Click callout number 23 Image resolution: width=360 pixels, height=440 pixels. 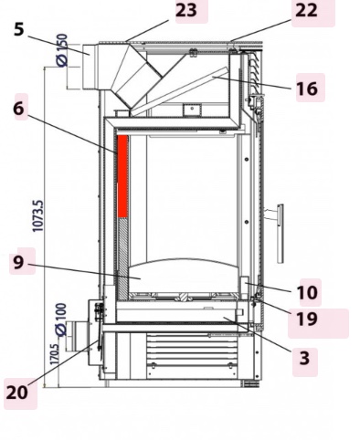(186, 10)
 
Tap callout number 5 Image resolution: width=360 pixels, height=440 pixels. (18, 28)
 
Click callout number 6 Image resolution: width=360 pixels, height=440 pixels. (18, 108)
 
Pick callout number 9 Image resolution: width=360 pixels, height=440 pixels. (17, 263)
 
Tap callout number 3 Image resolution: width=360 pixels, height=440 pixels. (304, 359)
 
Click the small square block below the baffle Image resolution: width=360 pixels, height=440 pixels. (191, 110)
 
